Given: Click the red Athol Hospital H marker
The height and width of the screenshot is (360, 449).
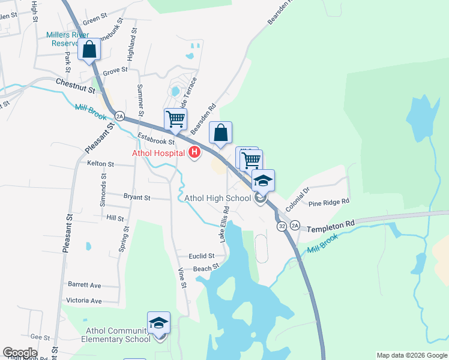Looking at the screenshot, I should [x=194, y=153].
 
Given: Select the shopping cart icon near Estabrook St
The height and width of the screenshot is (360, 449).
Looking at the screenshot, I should [x=175, y=118].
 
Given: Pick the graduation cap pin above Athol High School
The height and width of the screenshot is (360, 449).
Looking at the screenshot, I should [x=263, y=180].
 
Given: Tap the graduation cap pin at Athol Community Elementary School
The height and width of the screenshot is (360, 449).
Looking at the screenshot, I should [x=158, y=323].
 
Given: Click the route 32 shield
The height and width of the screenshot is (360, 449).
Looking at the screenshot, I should [x=282, y=227].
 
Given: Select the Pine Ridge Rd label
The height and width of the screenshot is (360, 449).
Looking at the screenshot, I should [x=328, y=203].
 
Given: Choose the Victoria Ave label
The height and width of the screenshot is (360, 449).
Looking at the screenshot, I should [x=85, y=300].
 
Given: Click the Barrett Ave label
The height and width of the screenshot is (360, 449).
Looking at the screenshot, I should [x=85, y=285].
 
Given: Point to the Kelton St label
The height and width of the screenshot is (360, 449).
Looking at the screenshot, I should [x=100, y=163].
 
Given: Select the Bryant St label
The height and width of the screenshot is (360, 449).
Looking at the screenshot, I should [x=136, y=197].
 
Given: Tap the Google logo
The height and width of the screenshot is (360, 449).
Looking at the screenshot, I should [x=20, y=353].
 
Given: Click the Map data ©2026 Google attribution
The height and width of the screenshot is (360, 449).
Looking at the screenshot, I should [x=411, y=355].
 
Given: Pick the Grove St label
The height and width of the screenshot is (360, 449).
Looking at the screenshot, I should [x=115, y=70].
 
